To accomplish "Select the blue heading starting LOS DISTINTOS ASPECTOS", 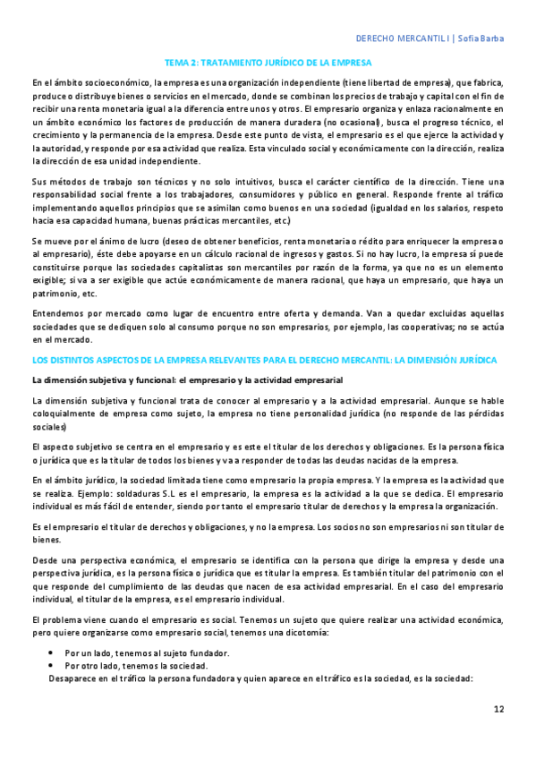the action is coord(264,359).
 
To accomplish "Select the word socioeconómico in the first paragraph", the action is coord(102,83).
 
